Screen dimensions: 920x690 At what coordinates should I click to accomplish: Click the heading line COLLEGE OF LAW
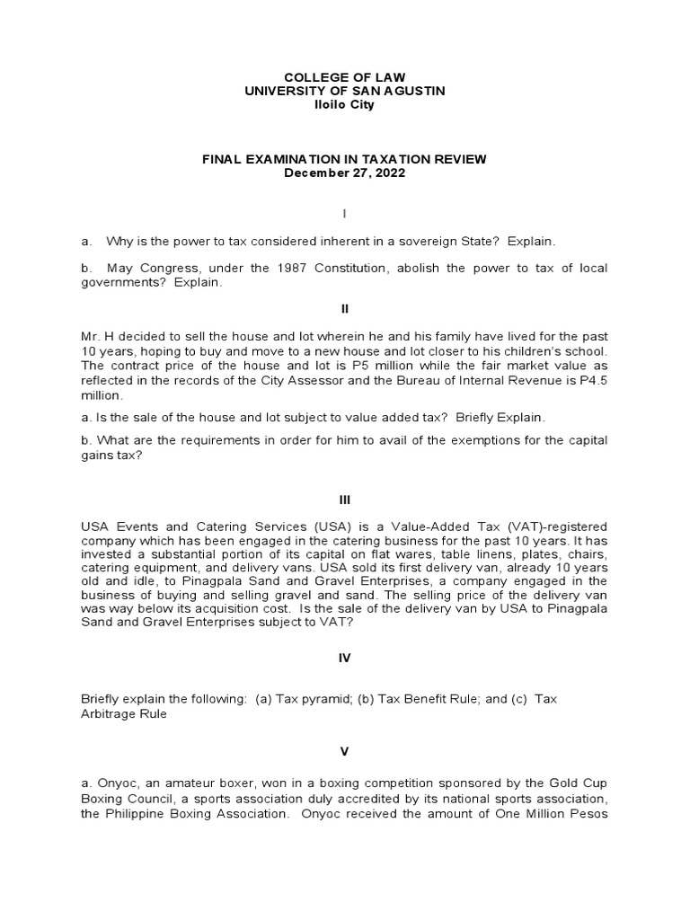(x=344, y=78)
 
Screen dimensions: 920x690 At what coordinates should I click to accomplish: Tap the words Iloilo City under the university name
(x=344, y=105)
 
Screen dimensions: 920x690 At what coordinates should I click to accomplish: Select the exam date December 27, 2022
(x=344, y=172)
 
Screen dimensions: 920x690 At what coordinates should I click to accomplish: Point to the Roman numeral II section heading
(x=344, y=308)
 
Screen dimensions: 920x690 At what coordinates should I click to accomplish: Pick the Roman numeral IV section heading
(x=344, y=658)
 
